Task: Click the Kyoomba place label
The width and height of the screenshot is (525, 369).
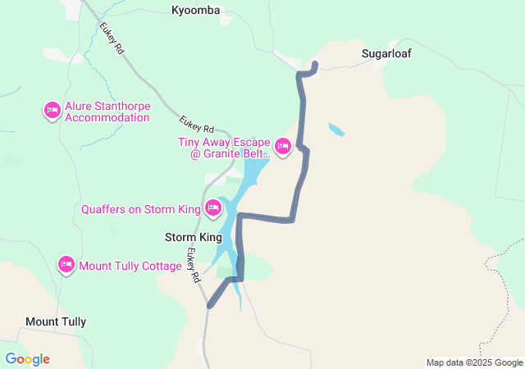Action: click(x=196, y=10)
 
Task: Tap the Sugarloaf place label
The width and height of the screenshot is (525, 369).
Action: click(x=386, y=53)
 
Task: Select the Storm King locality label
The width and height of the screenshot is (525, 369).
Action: click(x=194, y=237)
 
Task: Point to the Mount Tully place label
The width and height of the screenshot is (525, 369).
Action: click(x=56, y=321)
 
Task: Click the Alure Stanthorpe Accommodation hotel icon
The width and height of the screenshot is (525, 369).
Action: click(x=52, y=110)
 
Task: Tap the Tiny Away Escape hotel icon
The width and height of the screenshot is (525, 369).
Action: click(x=283, y=147)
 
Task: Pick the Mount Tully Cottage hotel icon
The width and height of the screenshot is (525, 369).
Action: click(x=66, y=265)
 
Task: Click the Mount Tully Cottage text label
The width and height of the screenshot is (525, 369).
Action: click(x=130, y=266)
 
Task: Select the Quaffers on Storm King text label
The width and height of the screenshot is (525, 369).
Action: click(x=140, y=209)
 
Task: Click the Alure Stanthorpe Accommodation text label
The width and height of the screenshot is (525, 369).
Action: click(x=107, y=112)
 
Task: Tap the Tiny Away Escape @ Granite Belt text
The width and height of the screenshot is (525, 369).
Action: click(x=224, y=148)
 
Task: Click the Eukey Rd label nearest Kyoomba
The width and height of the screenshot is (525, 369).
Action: click(x=112, y=38)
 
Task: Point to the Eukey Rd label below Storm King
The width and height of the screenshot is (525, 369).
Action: click(x=194, y=266)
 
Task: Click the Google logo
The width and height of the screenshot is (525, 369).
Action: click(x=27, y=359)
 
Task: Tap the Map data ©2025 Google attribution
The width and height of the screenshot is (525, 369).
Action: click(x=474, y=362)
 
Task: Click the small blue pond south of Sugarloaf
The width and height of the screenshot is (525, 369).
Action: click(x=336, y=130)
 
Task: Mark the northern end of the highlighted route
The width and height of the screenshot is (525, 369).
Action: click(x=316, y=64)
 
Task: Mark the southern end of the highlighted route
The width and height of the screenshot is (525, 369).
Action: click(x=211, y=306)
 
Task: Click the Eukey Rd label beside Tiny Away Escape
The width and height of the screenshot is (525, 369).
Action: click(x=197, y=124)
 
